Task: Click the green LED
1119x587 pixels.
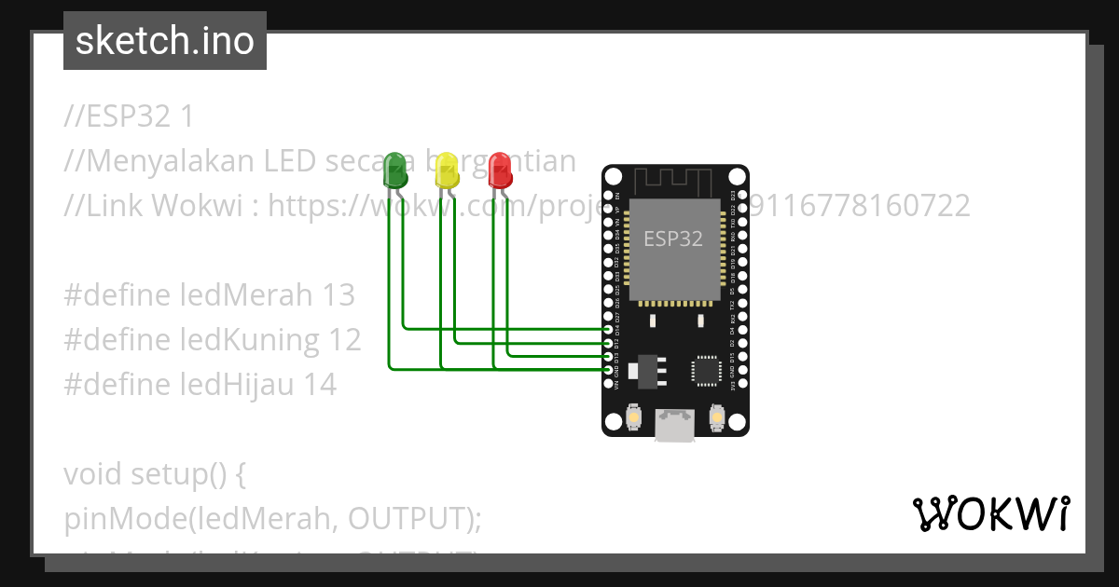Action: tap(395, 171)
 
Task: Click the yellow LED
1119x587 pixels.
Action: tap(448, 171)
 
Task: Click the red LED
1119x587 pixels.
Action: tap(500, 171)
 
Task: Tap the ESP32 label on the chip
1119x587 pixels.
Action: tap(673, 239)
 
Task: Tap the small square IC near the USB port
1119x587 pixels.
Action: tap(705, 370)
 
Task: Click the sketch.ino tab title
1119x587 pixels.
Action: tap(165, 41)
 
